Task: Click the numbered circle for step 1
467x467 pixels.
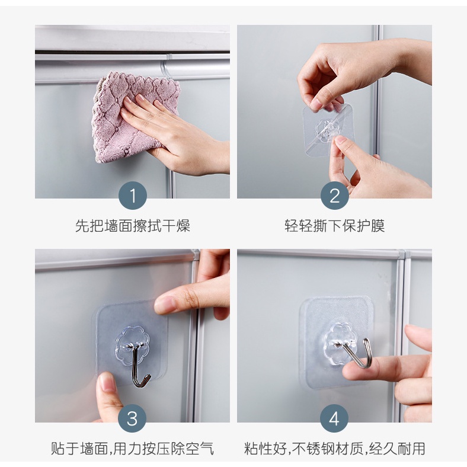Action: coord(133,196)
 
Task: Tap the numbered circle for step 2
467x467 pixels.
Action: coord(334,196)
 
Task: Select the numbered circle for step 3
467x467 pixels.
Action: coord(133,418)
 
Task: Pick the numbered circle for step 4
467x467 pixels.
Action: coord(334,418)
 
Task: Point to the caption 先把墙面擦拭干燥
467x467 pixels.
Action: coord(133,226)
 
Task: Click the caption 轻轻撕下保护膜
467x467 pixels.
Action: coord(334,226)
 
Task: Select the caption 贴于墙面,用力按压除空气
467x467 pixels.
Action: coord(133,449)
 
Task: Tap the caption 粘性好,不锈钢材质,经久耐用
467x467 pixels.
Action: coord(334,449)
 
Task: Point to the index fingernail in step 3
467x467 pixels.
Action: coord(162,304)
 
